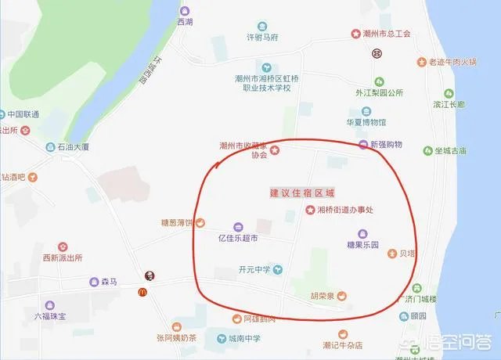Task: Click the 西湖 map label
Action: pos(184,22)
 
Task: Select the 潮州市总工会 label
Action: pos(387,34)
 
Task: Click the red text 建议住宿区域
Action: pos(301,193)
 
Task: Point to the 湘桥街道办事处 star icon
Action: pos(310,210)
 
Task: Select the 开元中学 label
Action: pos(254,269)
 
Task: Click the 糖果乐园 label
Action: pos(362,245)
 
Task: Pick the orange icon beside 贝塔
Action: pos(391,254)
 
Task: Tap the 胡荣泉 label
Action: pos(321,295)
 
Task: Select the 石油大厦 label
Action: pos(73,146)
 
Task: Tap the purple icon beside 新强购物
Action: pos(362,145)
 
